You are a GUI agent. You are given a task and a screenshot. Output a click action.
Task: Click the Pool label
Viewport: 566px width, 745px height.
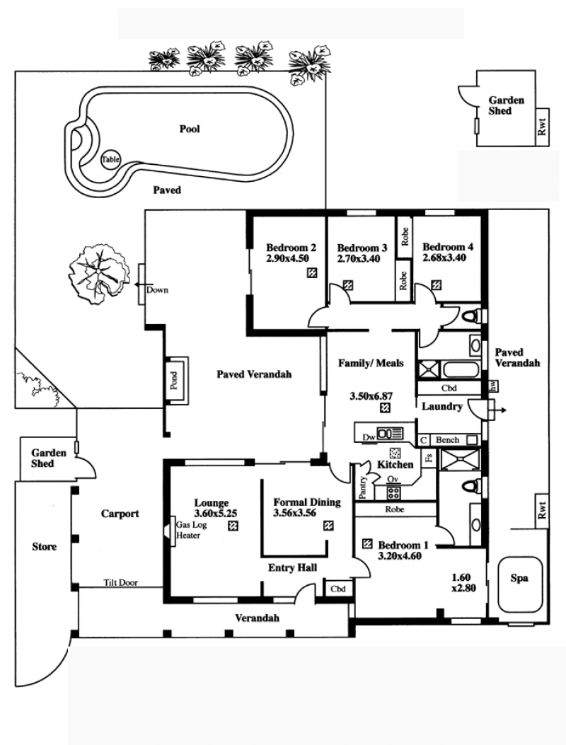(x=190, y=129)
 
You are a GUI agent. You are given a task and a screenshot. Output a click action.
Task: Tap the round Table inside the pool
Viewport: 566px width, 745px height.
(x=110, y=160)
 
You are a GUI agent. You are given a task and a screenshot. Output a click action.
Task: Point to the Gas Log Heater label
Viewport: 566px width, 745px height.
(x=189, y=530)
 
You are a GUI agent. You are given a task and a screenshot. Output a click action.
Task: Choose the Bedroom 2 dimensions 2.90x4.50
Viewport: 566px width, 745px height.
(x=287, y=258)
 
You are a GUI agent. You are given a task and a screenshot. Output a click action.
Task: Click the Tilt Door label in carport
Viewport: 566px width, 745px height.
(x=121, y=582)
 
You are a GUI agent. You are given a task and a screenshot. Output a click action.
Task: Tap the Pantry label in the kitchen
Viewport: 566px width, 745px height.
(x=363, y=487)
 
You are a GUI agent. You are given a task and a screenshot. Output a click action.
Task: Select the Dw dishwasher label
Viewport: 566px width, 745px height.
(x=369, y=437)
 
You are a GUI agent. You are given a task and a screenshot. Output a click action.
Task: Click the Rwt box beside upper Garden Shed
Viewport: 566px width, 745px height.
(x=543, y=127)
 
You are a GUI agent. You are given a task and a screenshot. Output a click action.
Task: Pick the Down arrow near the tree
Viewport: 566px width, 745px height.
(x=140, y=284)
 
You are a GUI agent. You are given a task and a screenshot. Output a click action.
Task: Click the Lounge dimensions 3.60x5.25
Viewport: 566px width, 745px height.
(x=215, y=513)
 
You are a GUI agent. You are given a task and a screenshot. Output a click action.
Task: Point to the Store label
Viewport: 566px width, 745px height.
(x=44, y=546)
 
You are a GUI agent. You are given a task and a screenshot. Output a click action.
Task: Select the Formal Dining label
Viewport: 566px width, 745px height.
(x=307, y=502)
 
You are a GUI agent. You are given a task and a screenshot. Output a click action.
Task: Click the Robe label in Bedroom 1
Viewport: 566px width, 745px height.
(x=395, y=509)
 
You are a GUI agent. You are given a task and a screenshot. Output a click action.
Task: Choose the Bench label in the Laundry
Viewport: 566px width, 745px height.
(x=448, y=440)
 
